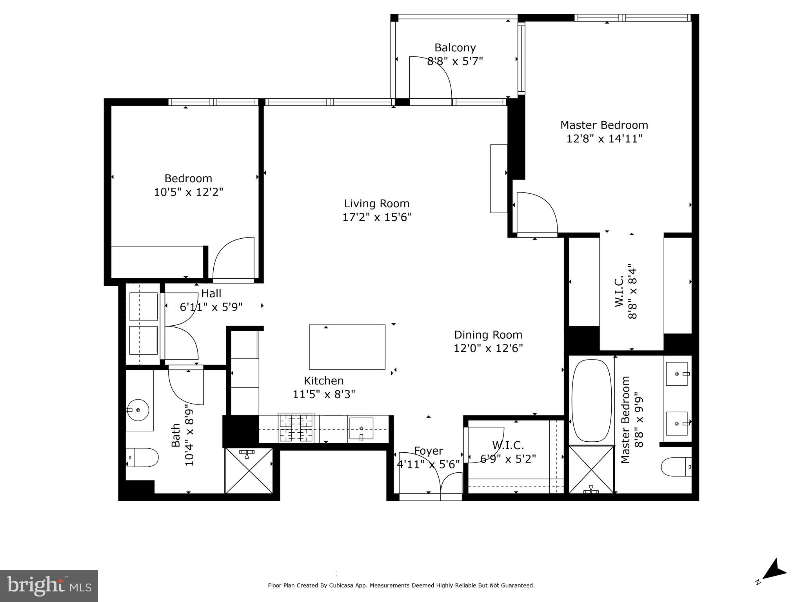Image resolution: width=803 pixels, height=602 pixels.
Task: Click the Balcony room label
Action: (x=455, y=48)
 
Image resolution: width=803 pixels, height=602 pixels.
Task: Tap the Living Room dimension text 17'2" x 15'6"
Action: (x=377, y=217)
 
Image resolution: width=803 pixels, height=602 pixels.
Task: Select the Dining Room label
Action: (x=488, y=335)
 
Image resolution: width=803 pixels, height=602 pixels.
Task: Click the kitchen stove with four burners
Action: (x=296, y=428)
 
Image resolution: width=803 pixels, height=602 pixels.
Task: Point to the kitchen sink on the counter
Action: (x=361, y=428)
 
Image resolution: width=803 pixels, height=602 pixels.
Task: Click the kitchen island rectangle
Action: (x=347, y=347)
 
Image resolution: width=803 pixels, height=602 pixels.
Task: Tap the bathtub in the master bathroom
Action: (x=592, y=401)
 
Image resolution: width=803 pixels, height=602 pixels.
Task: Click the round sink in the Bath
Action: (x=138, y=410)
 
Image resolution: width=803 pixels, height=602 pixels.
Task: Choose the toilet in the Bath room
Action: (x=143, y=458)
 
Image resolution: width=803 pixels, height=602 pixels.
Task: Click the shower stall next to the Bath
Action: (x=249, y=471)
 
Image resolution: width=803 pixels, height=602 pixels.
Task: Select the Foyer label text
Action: (x=429, y=451)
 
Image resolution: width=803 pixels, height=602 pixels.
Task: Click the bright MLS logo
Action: (x=49, y=586)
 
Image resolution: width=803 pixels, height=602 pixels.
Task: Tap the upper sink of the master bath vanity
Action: (x=677, y=374)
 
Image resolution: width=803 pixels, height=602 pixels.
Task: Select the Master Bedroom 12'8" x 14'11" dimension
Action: (x=604, y=139)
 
